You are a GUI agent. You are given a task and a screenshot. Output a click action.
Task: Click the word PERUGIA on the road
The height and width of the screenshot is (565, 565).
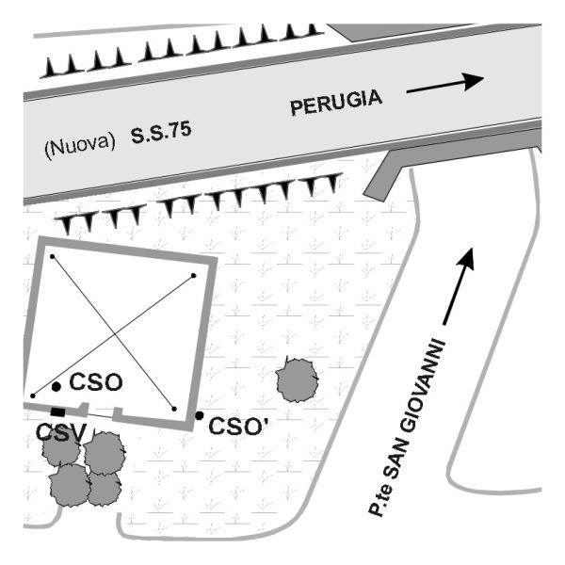coord(335,105)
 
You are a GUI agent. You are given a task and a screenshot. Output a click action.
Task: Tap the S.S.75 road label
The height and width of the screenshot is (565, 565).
coord(161,132)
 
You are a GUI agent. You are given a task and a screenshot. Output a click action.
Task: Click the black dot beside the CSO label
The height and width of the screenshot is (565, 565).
coord(56,386)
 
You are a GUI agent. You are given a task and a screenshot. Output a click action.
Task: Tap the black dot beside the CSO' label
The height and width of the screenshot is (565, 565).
coord(200,415)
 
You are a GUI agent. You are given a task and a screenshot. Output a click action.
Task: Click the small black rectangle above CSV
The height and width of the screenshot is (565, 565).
coord(57,412)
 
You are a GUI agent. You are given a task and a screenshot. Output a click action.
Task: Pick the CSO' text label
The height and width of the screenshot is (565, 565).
coord(239,426)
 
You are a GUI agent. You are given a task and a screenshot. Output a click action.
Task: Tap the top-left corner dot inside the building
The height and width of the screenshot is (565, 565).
coord(52,256)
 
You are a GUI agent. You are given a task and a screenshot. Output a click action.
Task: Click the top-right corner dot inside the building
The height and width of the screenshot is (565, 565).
coord(194,275)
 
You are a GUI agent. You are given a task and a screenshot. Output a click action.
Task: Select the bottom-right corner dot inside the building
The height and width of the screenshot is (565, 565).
coord(175,409)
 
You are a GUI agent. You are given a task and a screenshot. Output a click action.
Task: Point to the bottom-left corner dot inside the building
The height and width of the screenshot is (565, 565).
coord(33,395)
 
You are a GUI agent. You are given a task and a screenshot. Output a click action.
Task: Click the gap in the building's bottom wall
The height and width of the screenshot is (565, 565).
coord(100,412)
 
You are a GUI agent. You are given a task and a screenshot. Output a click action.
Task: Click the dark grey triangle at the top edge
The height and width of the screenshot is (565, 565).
coord(377,31)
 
